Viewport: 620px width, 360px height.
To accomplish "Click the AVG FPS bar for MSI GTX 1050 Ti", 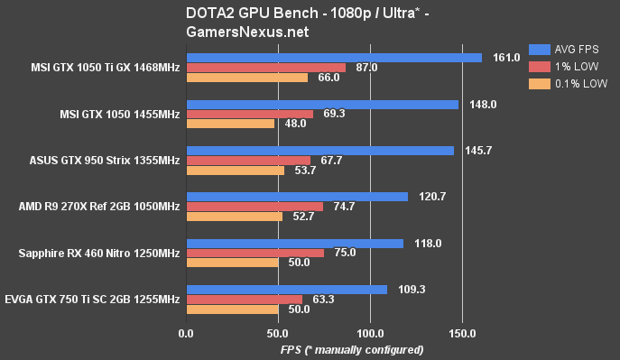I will pyautogui.click(x=334, y=58).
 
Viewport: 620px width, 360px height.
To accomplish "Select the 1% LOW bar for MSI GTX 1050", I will pyautogui.click(x=250, y=115).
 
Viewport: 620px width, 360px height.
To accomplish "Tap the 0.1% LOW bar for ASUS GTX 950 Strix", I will pyautogui.click(x=235, y=170).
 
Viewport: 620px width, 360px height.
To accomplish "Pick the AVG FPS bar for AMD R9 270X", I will pyautogui.click(x=297, y=197).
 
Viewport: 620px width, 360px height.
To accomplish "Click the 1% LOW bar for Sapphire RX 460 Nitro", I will pyautogui.click(x=254, y=253).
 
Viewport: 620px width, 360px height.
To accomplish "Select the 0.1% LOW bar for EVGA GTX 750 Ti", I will pyautogui.click(x=232, y=309).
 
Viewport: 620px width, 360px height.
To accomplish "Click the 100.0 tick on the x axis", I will pyautogui.click(x=370, y=334).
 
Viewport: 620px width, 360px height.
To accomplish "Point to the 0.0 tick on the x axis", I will pyautogui.click(x=186, y=334).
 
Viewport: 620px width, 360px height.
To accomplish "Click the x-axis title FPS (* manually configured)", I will pyautogui.click(x=352, y=349).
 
